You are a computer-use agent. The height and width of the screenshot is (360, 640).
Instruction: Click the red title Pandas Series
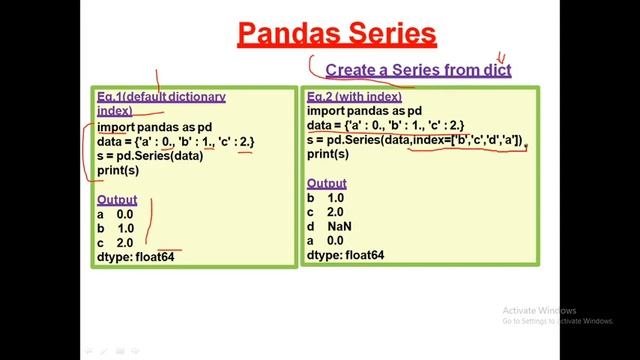tap(337, 33)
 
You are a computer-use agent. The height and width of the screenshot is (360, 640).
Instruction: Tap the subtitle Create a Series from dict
tap(418, 69)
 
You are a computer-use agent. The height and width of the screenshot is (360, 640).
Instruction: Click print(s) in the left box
tap(118, 170)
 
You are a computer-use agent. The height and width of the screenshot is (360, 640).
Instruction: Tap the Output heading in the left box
tap(117, 200)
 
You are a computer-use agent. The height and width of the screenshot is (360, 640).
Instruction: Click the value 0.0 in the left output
tap(125, 214)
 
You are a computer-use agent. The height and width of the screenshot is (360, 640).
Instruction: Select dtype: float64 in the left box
tap(137, 257)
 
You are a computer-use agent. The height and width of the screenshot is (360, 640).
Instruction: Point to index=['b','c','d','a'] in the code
tap(466, 141)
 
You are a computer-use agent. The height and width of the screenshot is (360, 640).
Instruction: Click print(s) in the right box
tap(328, 155)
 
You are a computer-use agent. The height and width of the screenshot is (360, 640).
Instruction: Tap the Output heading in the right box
tap(327, 184)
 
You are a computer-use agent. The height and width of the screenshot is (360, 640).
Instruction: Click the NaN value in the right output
tap(341, 227)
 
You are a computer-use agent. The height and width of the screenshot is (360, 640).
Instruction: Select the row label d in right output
tap(312, 227)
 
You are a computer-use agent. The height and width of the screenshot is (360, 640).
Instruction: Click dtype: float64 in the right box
tap(346, 256)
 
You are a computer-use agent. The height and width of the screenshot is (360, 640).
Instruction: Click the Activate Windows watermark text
tap(540, 309)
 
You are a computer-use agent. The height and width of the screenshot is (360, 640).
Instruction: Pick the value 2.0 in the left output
tap(125, 243)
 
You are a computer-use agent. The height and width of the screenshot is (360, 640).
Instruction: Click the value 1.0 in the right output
tap(336, 199)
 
